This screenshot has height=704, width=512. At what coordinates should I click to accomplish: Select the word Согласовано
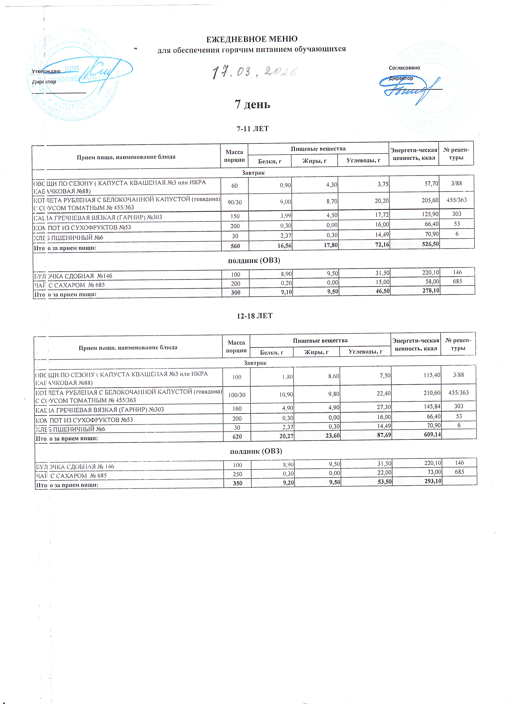tap(404, 68)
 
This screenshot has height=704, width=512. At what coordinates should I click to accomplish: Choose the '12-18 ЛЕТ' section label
tap(254, 316)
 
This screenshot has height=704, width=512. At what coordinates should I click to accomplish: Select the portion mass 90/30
tap(234, 202)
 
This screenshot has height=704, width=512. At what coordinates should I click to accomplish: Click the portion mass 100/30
tap(237, 395)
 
